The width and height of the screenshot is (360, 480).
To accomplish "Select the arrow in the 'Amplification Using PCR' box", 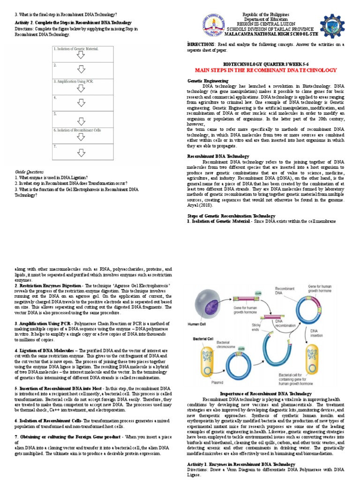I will point(81,87).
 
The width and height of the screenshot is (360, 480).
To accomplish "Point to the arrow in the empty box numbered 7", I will point(81,152).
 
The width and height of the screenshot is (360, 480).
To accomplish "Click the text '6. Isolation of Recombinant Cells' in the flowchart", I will point(77,130).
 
